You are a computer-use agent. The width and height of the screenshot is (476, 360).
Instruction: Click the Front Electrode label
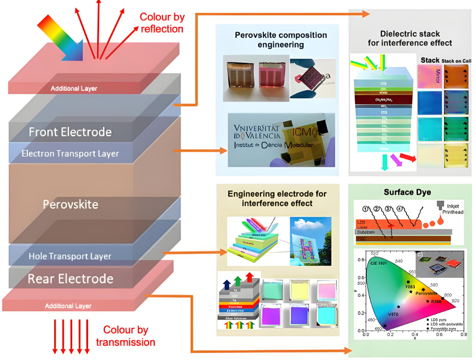click(70, 132)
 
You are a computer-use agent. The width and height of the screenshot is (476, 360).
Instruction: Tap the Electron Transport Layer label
click(70, 154)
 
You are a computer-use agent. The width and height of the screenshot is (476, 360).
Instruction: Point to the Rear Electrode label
click(70, 279)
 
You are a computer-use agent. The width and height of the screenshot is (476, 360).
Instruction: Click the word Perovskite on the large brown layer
click(70, 205)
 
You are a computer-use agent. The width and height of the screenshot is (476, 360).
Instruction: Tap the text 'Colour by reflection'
click(162, 23)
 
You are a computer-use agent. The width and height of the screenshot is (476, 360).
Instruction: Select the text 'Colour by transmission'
click(125, 336)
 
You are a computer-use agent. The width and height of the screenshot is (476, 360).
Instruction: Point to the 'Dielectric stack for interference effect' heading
click(409, 38)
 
